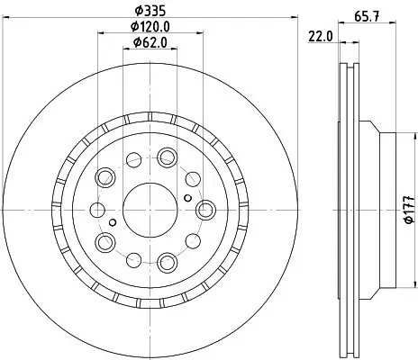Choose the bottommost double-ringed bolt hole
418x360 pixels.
[167, 261]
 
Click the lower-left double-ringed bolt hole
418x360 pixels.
[105, 240]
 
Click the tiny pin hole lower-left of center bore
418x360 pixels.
[112, 221]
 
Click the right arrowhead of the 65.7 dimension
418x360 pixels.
[393, 23]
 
